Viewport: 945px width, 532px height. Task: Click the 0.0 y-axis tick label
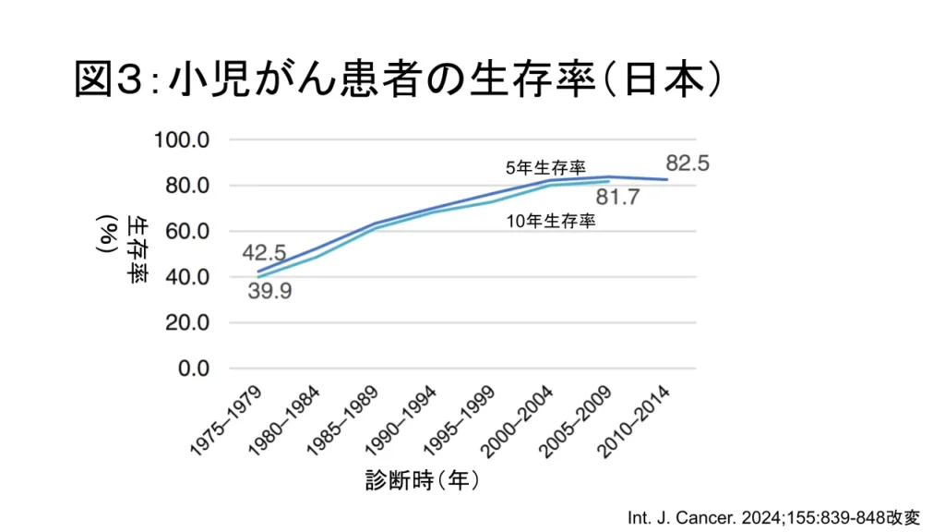(x=194, y=369)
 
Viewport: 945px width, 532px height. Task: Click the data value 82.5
(x=688, y=163)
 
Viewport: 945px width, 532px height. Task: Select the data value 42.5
(x=264, y=252)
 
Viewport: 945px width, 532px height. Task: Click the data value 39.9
(x=270, y=292)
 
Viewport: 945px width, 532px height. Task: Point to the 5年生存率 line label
(x=545, y=168)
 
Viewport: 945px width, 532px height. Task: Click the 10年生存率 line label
(x=551, y=222)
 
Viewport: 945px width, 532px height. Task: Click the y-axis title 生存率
(x=136, y=248)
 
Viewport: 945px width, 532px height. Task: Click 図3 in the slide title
(x=104, y=81)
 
